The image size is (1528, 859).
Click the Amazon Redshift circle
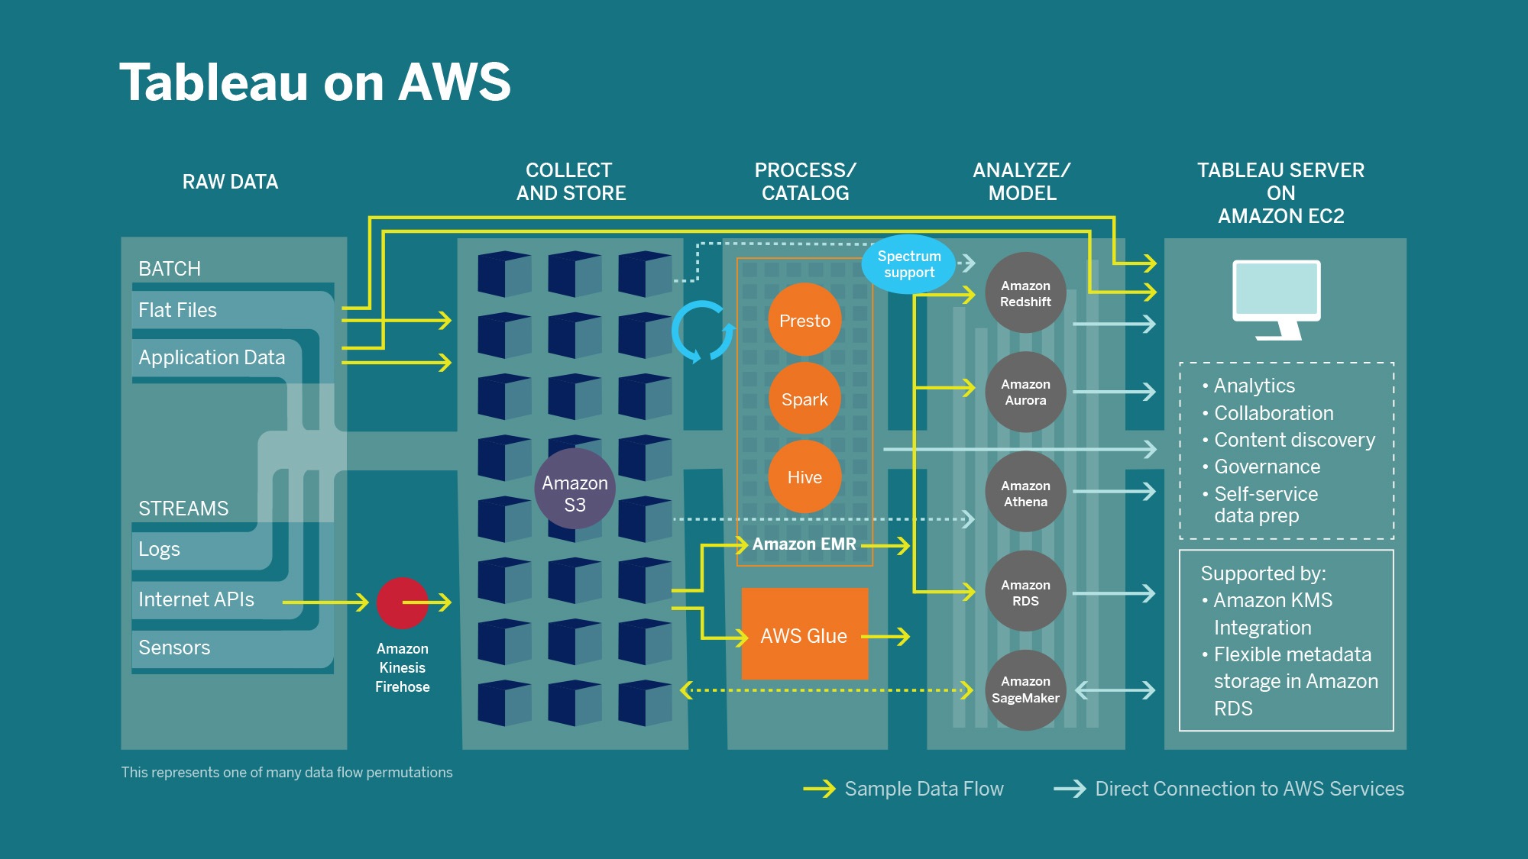click(1025, 293)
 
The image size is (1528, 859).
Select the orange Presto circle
click(804, 320)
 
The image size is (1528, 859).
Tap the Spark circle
click(804, 399)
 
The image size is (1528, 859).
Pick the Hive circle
click(804, 477)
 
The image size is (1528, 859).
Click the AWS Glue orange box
click(804, 635)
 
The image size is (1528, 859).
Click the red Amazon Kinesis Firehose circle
click(402, 602)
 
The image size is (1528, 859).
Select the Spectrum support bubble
click(908, 264)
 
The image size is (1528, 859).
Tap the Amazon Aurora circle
click(1025, 392)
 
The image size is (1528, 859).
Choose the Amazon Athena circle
click(1025, 492)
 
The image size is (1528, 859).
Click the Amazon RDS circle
click(1025, 592)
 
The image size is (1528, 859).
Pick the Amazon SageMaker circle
click(1025, 689)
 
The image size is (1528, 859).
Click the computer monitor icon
click(1277, 299)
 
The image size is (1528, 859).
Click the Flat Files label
click(177, 310)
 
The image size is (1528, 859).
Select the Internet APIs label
click(196, 599)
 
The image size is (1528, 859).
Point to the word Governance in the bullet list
click(1267, 467)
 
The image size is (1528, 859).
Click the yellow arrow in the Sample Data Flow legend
click(819, 789)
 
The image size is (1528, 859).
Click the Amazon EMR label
click(804, 544)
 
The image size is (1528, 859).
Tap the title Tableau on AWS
click(315, 82)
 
